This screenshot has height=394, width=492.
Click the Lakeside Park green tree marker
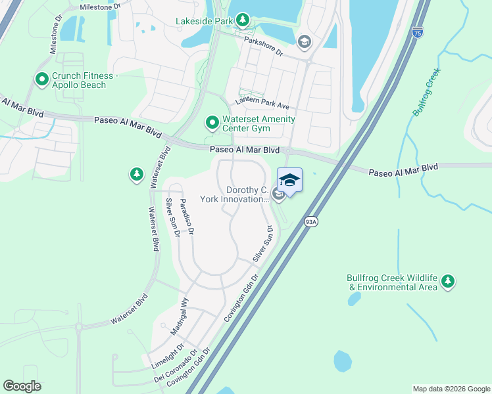pyautogui.click(x=243, y=20)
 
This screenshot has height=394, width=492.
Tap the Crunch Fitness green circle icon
pyautogui.click(x=42, y=80)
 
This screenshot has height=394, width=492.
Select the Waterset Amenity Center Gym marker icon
pyautogui.click(x=212, y=123)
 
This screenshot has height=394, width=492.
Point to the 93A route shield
pyautogui.click(x=311, y=222)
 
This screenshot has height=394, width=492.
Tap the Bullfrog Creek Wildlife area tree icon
pyautogui.click(x=448, y=281)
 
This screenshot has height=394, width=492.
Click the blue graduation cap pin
pyautogui.click(x=290, y=180)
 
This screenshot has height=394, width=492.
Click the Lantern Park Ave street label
pyautogui.click(x=263, y=104)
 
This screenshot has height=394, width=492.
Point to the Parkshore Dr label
pyautogui.click(x=262, y=48)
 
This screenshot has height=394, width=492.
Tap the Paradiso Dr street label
pyautogui.click(x=187, y=217)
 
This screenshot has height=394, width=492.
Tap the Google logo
pyautogui.click(x=22, y=386)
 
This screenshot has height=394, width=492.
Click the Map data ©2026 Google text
pyautogui.click(x=451, y=389)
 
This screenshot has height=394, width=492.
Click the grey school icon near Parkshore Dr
pyautogui.click(x=303, y=43)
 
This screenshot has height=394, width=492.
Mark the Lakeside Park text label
pyautogui.click(x=205, y=21)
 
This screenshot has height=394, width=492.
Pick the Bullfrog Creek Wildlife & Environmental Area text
pyautogui.click(x=392, y=282)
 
